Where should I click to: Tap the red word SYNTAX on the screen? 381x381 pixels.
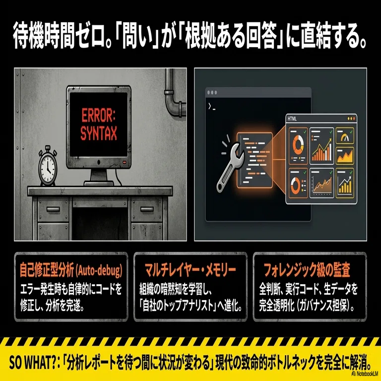(99, 133)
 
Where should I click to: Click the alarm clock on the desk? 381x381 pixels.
(48, 166)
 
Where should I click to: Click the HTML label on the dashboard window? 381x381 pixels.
(292, 119)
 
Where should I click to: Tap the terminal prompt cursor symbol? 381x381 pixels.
(211, 107)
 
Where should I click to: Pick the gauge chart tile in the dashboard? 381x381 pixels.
(345, 136)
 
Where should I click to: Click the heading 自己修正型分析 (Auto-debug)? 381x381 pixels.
(71, 270)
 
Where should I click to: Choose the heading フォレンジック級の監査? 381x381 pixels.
(307, 270)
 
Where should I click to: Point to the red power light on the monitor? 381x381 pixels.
(125, 162)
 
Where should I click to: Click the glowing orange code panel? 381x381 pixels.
(254, 160)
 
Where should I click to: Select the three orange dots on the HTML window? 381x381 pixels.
(351, 119)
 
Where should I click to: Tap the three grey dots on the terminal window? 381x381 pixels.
(212, 93)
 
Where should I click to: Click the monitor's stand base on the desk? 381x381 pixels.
(99, 183)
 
